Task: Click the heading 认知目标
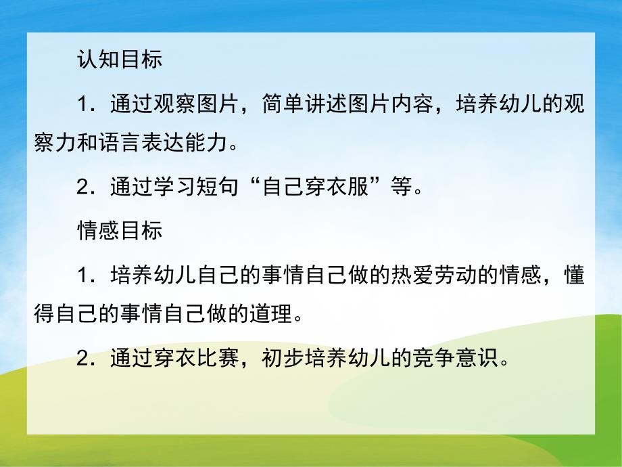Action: click(120, 59)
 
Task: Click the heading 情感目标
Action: click(120, 230)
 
